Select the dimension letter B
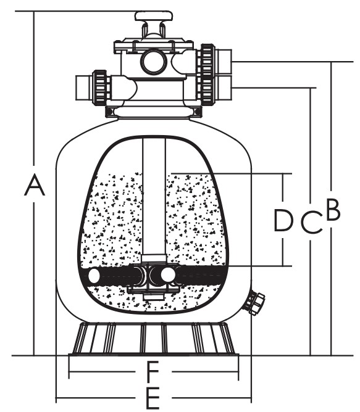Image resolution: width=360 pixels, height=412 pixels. [x=333, y=210]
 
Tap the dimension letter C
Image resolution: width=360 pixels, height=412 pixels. [x=312, y=222]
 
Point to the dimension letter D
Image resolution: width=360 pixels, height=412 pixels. [x=283, y=220]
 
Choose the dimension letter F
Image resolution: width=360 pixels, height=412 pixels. [x=152, y=372]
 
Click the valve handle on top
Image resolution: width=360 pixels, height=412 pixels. [x=154, y=16]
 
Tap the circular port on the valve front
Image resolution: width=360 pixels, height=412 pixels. [x=155, y=62]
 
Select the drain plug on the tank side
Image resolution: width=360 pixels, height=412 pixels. [x=255, y=303]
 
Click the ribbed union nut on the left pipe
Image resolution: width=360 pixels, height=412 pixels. [x=101, y=88]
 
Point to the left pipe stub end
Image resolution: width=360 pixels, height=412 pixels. [x=84, y=88]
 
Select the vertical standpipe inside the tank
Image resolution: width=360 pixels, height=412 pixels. [x=154, y=197]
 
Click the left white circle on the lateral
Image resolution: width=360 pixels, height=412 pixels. [x=94, y=276]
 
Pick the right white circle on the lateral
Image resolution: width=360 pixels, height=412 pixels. [x=168, y=275]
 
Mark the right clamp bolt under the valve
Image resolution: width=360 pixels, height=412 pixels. [x=198, y=112]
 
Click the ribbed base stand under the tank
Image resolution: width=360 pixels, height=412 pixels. [x=154, y=339]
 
